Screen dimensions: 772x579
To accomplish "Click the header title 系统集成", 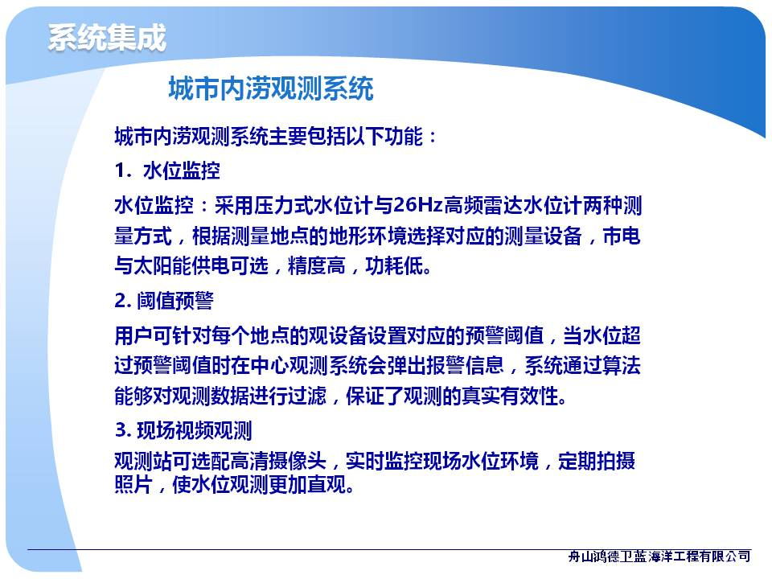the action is coord(107,38).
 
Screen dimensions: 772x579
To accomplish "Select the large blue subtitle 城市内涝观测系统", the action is coord(271,88).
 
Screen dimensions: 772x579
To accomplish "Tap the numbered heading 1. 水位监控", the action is coord(167,170).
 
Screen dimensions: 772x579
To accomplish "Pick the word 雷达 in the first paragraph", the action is coord(503,205).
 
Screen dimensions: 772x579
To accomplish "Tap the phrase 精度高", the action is coord(317,266).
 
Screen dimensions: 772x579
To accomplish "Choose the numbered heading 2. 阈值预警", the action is coord(164,300).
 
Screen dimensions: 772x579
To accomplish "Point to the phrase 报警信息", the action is coord(465,365).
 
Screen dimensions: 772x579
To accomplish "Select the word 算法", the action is coord(621,365).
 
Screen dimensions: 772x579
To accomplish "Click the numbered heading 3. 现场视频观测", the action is coord(183,430).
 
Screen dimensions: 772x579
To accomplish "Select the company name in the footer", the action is coord(659,556).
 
